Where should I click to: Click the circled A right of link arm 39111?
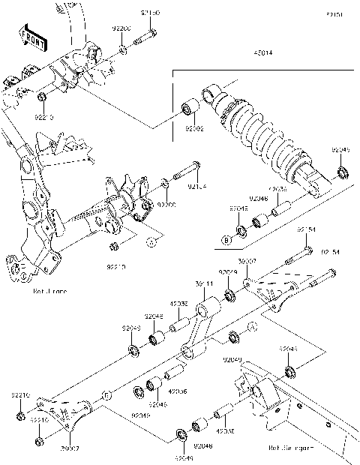coord(251,326)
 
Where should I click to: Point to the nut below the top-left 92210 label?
coord(43,98)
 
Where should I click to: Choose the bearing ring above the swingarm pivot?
coord(289,372)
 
